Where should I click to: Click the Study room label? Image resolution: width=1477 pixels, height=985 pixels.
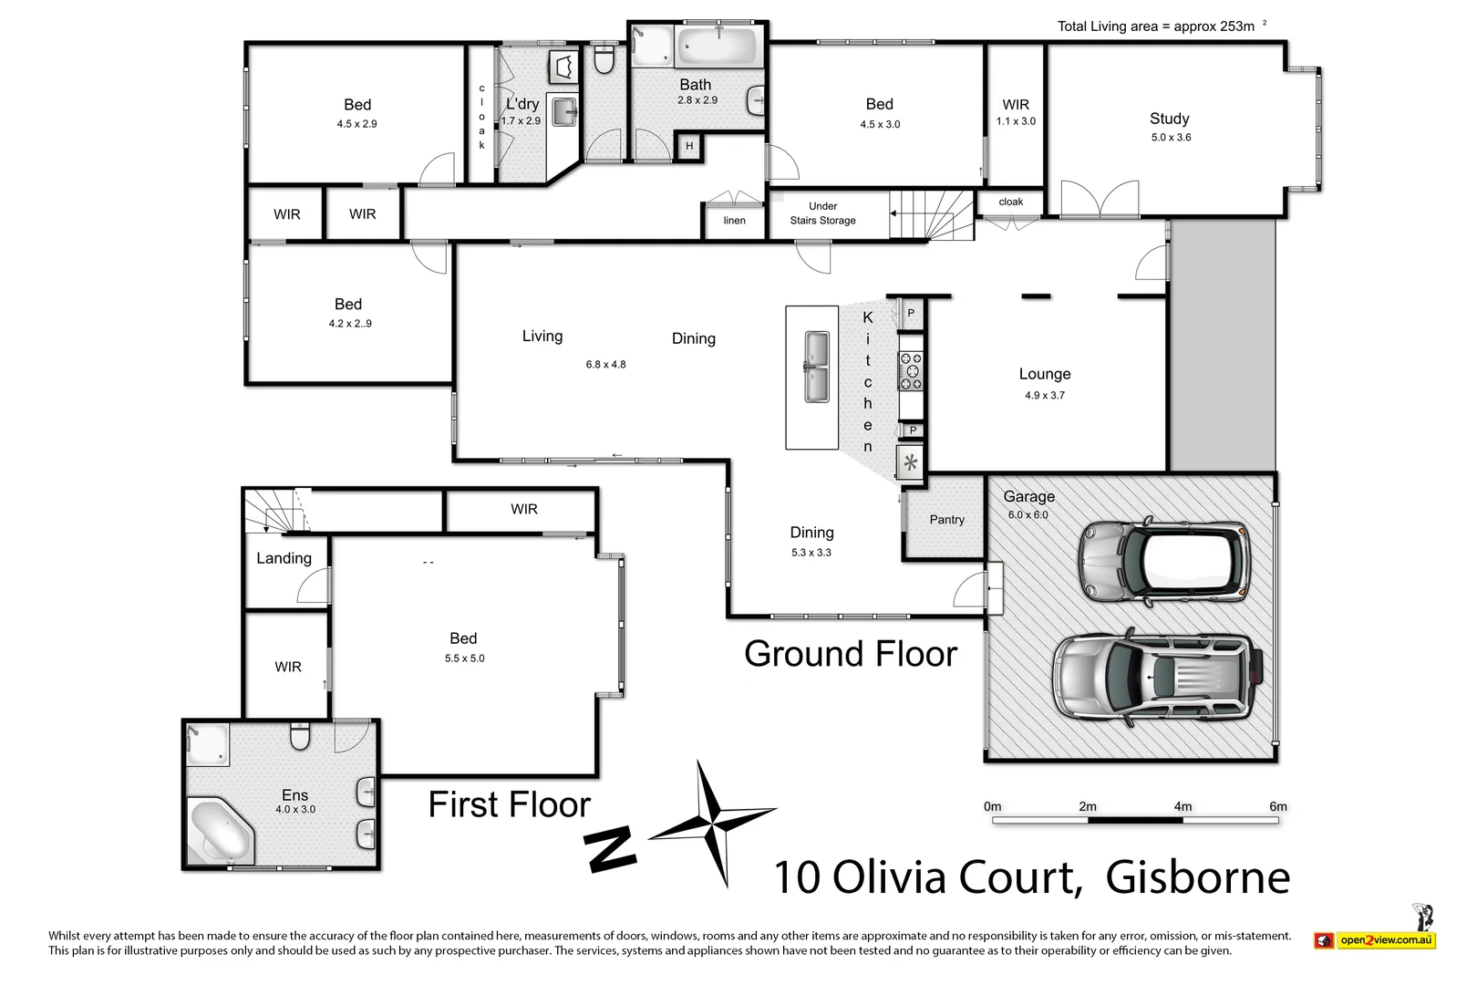point(1169,119)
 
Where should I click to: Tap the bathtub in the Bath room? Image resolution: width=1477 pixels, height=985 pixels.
point(718,46)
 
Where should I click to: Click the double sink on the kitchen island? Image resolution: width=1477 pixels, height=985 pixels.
point(816,367)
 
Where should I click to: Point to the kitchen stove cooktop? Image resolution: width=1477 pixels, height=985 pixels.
point(911,371)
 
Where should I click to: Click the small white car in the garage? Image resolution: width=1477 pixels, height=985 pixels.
point(1164,561)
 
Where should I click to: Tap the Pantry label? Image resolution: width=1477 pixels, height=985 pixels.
point(946,520)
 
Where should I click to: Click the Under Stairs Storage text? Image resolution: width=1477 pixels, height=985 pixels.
point(822,213)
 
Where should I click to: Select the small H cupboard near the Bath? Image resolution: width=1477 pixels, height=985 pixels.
point(689,146)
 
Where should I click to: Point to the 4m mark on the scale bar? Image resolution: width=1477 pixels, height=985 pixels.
point(1183,806)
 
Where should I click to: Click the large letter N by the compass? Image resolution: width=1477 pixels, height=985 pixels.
point(610,850)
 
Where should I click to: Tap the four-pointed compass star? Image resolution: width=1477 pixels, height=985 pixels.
point(714,820)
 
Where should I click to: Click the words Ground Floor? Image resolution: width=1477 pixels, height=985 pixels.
point(850,654)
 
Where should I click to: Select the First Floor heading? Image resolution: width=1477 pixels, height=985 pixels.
point(509,804)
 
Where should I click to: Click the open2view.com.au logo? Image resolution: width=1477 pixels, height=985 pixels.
point(1376,939)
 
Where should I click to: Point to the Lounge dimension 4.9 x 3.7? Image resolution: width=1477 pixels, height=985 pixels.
point(1044,396)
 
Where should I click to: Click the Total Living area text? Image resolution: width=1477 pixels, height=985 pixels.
point(1155,26)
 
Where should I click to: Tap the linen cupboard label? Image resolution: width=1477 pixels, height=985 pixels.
point(734,221)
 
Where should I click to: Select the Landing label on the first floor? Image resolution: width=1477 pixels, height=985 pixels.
point(284,558)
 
